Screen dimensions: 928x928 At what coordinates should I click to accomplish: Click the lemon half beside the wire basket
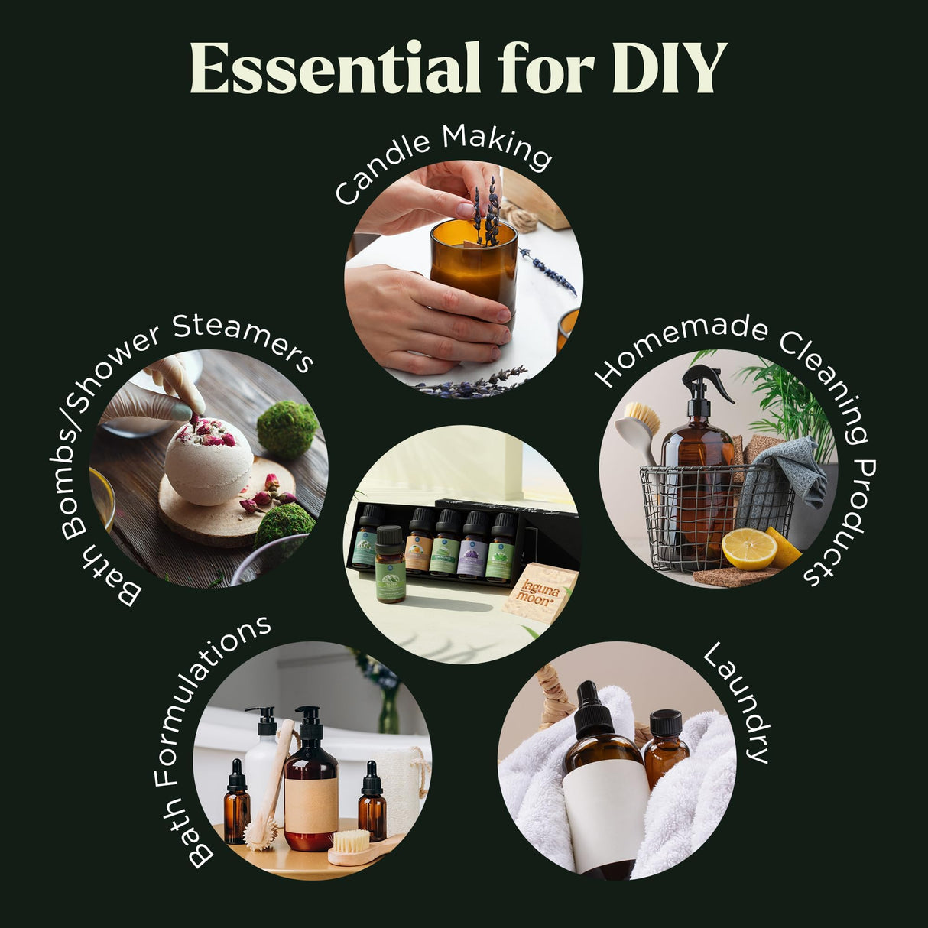tap(749, 548)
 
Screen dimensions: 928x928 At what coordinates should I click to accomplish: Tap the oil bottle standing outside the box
tap(391, 566)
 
